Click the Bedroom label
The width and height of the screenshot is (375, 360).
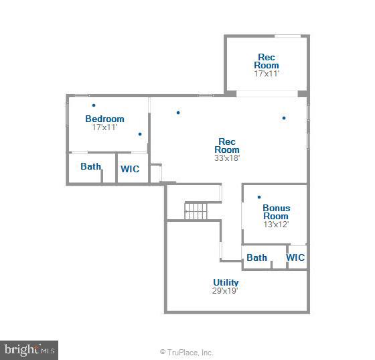point(104,119)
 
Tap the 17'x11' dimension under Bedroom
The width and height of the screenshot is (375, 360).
point(104,127)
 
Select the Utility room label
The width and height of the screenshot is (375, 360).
point(226,282)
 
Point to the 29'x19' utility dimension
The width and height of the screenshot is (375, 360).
point(226,291)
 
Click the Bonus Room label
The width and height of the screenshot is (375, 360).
point(276,213)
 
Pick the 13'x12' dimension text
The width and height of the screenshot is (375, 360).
point(276,225)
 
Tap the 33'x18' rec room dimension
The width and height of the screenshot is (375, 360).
point(227,158)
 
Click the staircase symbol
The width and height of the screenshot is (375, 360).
point(196,211)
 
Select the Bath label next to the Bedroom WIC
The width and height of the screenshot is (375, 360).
point(90,166)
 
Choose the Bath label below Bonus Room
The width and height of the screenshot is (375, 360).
point(256,257)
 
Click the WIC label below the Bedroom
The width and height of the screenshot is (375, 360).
point(130,169)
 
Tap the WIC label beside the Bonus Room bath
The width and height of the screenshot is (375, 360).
point(295,257)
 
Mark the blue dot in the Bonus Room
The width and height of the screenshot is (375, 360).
point(259,197)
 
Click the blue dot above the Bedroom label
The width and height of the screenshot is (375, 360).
point(94,105)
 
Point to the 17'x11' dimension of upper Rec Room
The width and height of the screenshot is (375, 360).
point(267,74)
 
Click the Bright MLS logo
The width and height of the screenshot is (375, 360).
point(29,350)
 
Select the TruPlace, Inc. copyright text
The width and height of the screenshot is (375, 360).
point(187,352)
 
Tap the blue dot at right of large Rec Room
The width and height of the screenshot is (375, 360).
point(284,118)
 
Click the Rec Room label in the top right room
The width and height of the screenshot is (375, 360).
point(267,61)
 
